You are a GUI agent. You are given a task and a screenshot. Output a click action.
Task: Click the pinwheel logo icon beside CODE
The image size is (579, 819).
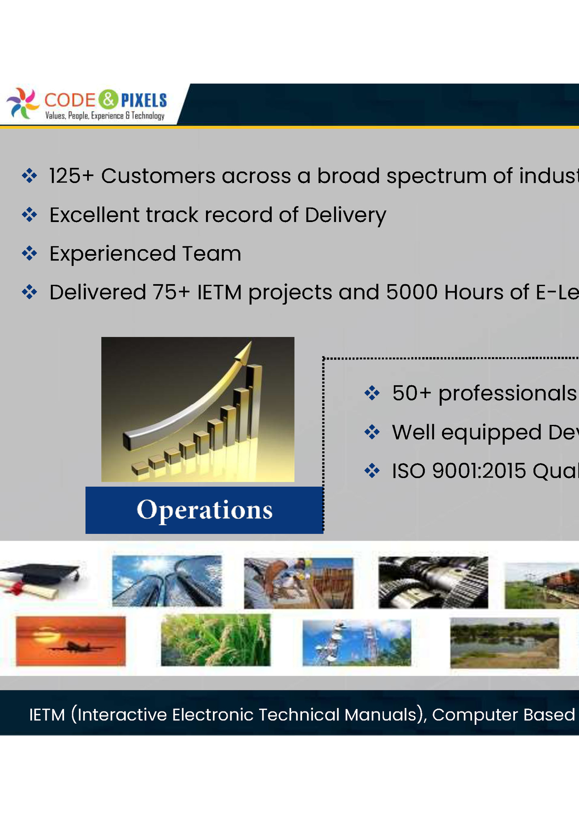tap(23, 103)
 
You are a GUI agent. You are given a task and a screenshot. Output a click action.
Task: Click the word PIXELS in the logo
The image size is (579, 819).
tap(144, 100)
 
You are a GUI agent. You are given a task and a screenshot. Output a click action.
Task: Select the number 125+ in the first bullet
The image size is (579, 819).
tap(71, 176)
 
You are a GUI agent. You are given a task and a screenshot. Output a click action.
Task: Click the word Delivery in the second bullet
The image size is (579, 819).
tap(345, 215)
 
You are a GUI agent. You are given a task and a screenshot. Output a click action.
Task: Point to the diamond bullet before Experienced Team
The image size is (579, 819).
tap(30, 254)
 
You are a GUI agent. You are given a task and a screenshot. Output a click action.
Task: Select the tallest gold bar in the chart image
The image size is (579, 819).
tap(254, 402)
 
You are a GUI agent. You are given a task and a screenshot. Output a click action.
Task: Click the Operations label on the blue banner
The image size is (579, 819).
tap(204, 510)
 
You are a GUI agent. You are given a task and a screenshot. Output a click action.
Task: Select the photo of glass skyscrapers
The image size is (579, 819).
tap(167, 581)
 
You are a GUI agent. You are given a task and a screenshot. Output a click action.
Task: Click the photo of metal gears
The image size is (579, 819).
tap(433, 582)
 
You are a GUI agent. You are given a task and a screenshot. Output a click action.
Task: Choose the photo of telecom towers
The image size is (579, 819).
tap(356, 642)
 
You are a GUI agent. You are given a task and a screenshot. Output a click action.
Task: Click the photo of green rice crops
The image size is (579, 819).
tap(215, 640)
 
